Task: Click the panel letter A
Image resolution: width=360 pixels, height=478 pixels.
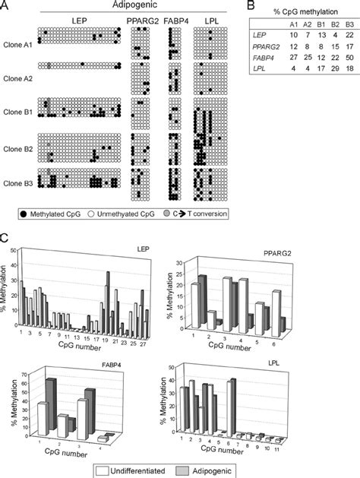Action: click(6, 6)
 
